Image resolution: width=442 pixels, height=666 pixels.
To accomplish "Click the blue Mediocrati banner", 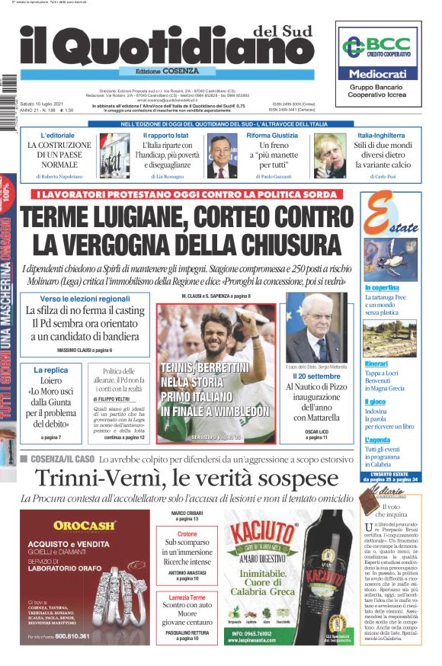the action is click(379, 74).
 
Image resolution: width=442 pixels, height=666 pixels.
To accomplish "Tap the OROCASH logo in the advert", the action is click(85, 524).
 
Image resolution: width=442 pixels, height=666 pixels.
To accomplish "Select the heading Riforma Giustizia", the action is click(272, 135).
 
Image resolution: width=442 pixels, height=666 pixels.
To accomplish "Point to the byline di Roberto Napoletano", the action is click(59, 176).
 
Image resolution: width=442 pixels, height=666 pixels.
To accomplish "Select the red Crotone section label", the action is click(187, 534).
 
